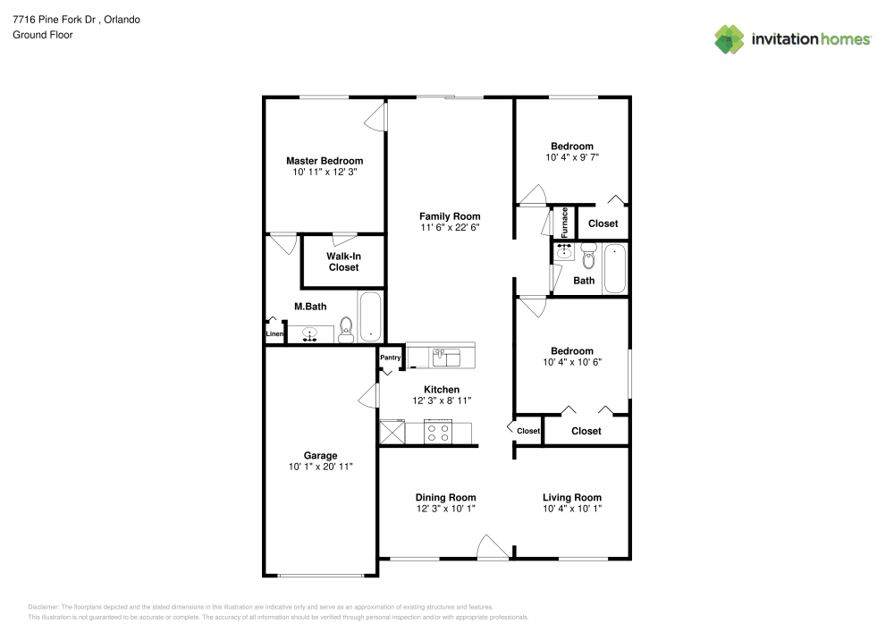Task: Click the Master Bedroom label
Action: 325,161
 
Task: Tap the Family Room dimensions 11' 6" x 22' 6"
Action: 450,227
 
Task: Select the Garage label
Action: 320,455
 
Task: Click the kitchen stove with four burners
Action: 438,432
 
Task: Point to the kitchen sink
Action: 446,358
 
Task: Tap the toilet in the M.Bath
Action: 346,330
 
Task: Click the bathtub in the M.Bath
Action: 371,316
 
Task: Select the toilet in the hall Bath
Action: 589,256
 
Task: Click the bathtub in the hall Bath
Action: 615,268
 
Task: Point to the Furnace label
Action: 564,223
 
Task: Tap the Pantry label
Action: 391,358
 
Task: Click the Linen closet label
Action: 274,334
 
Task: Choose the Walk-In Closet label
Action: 344,262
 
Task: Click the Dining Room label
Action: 445,498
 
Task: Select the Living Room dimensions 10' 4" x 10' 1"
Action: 572,509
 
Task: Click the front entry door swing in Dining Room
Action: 492,546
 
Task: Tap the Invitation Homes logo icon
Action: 730,39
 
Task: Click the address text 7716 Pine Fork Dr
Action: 55,20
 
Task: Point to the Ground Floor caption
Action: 43,35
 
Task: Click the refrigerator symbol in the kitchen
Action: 392,432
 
